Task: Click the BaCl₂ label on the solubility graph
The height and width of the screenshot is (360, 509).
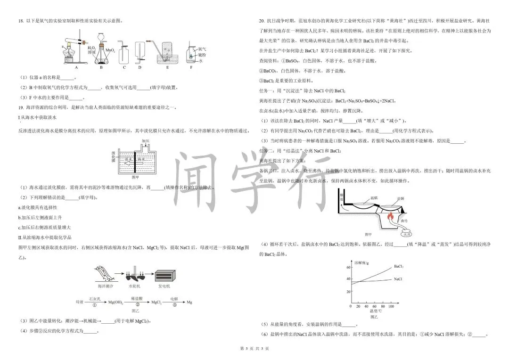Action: (399, 266)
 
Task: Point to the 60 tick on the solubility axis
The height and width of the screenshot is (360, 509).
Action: (349, 267)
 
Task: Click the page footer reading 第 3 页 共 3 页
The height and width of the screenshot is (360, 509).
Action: (254, 349)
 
